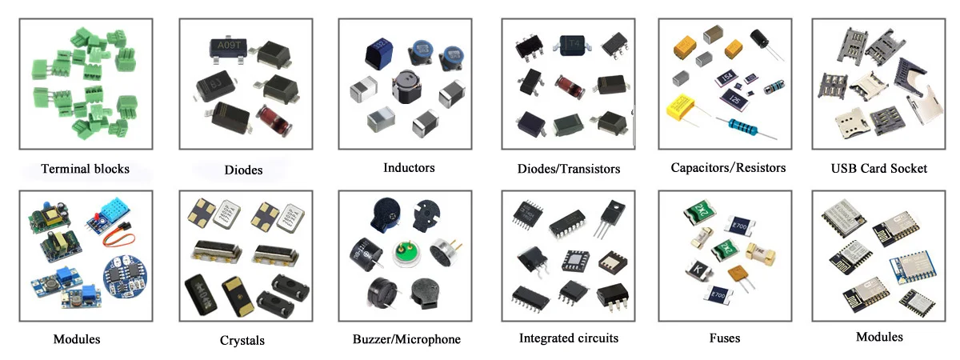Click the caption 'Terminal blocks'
(85, 170)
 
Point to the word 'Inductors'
(409, 168)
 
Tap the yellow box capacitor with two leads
(683, 106)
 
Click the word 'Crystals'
(242, 341)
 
